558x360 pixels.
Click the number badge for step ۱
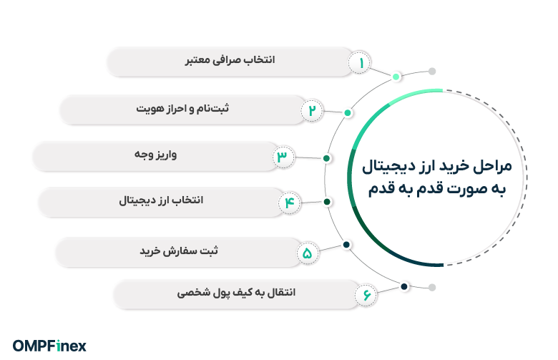click(x=361, y=63)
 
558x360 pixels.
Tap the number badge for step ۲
click(x=313, y=110)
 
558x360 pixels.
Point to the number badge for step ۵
click(x=308, y=252)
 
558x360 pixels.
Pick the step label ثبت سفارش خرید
click(x=179, y=252)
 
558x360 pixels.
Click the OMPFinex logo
click(x=50, y=346)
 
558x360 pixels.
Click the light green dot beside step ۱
click(x=396, y=76)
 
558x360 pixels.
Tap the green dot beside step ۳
click(x=327, y=158)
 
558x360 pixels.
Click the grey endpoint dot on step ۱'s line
click(x=431, y=72)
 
